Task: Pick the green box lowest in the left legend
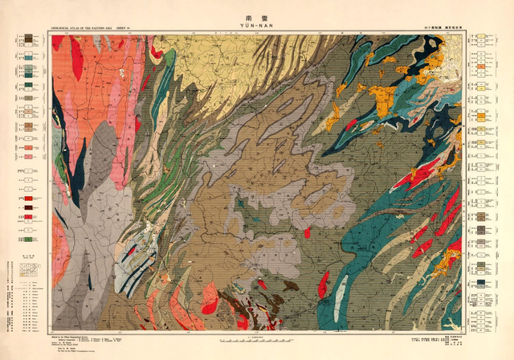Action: click(29, 239)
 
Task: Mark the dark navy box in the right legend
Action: click(480, 283)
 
